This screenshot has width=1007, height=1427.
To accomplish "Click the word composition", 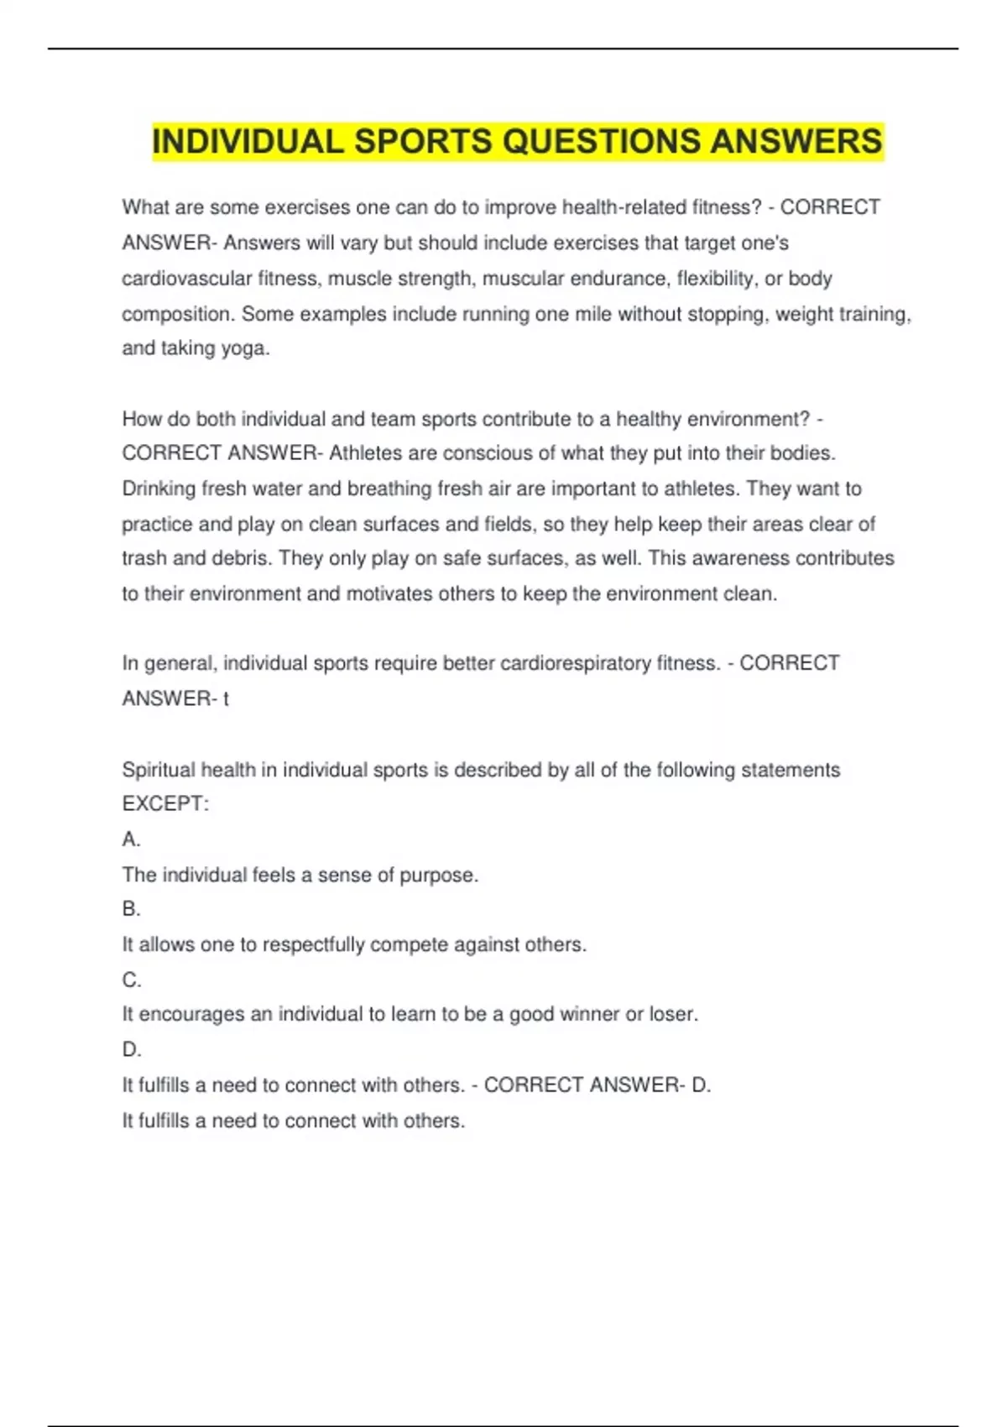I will click(175, 314).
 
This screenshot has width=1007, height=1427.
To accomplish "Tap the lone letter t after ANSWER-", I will click(226, 698).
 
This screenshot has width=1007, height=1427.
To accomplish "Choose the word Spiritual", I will click(158, 770).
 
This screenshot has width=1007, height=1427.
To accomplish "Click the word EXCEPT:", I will click(165, 804).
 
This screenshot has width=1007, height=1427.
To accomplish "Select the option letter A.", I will click(131, 839).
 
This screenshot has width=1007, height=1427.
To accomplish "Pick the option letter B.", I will click(131, 909).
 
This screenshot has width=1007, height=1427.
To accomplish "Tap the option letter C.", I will click(131, 980).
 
